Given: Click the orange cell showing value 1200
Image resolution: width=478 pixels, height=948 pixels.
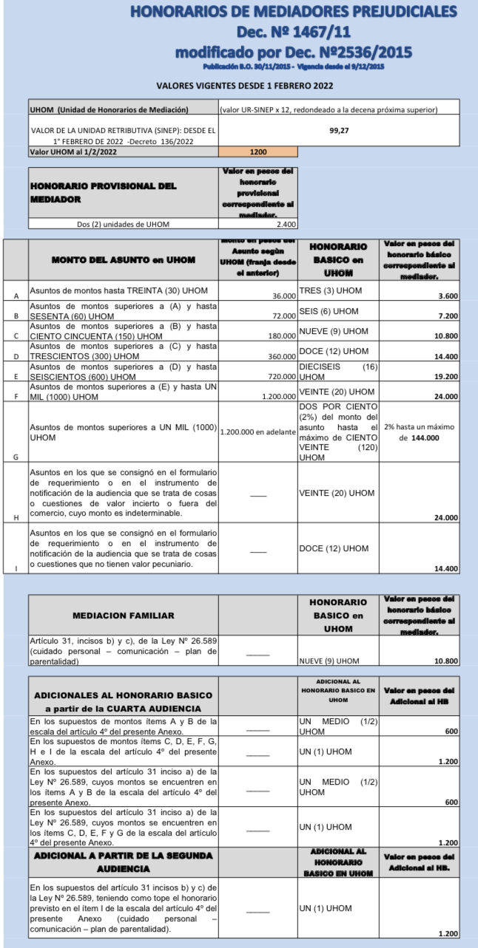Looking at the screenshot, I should click(x=257, y=151).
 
